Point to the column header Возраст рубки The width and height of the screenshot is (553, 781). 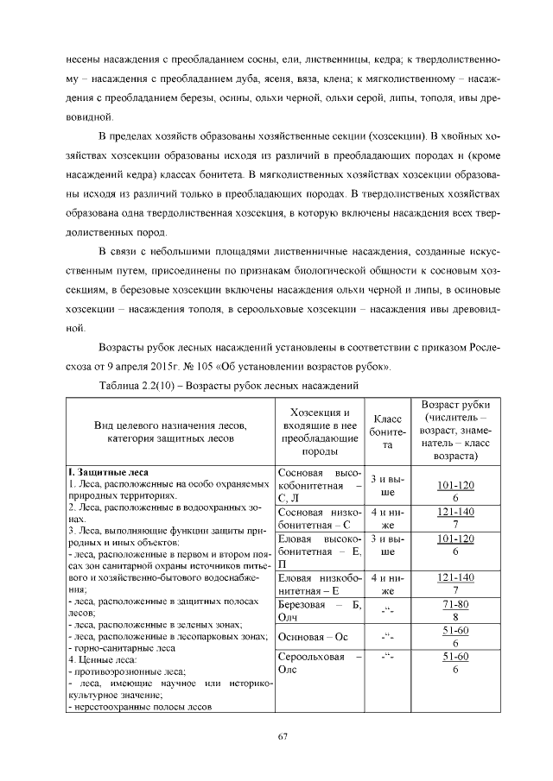tap(454, 430)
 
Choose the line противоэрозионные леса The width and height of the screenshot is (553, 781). tap(129, 671)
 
